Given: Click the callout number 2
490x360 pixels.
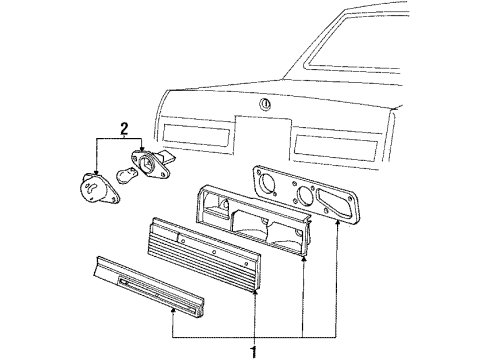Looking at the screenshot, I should point(123,128).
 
